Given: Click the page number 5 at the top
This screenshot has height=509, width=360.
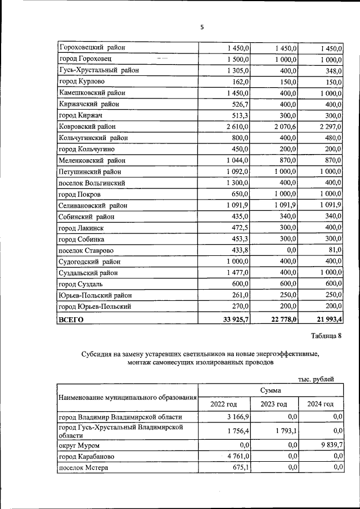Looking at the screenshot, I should pos(202,26).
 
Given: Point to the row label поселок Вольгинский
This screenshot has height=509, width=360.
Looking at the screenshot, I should pos(92,183).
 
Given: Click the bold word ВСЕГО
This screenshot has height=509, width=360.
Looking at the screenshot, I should pos(71,319).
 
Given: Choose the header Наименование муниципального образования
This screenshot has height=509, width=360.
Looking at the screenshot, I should pos(128,398).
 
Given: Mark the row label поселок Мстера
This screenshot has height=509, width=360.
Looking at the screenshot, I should pos(83,467).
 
